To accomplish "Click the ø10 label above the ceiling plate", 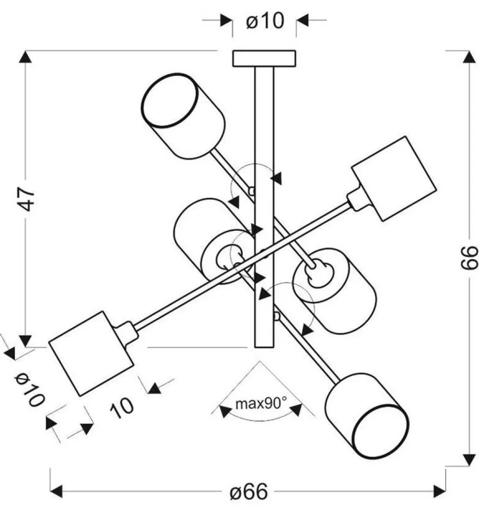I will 265,21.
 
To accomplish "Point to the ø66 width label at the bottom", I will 248,492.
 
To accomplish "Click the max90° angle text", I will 261,403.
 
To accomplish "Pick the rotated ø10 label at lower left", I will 30,388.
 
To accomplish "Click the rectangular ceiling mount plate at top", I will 264,58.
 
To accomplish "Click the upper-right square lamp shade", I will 394,179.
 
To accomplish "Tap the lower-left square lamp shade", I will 91,353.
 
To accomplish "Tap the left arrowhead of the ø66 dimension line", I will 57,491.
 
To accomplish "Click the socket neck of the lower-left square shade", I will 125,332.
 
